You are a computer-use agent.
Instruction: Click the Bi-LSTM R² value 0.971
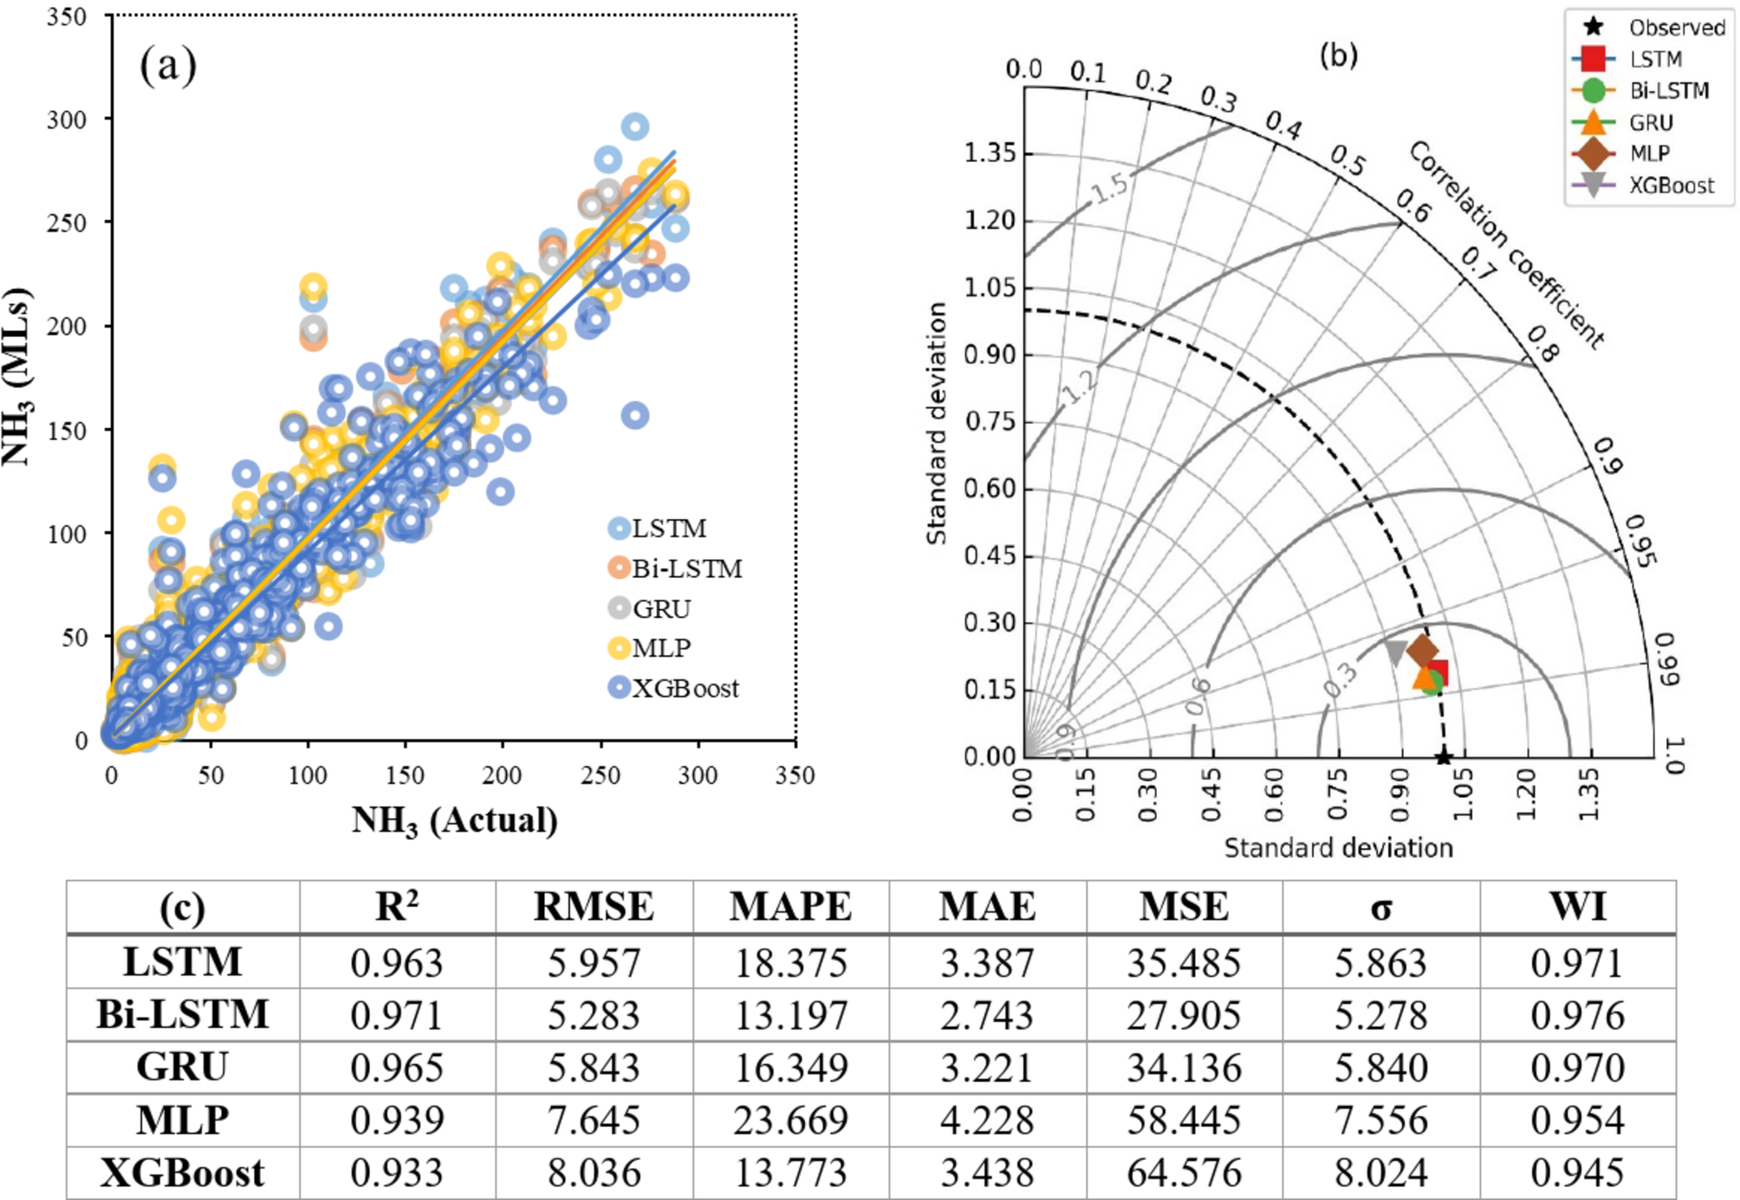coord(396,1015)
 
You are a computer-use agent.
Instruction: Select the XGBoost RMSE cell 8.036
coord(594,1173)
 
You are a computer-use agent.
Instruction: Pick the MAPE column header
coord(790,907)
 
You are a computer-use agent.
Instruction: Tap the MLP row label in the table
coord(182,1120)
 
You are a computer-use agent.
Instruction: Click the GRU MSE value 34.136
coord(1184,1067)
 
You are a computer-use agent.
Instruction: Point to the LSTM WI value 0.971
coord(1576,963)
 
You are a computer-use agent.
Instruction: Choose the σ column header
coord(1381,907)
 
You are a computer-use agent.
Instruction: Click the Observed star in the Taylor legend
coord(1593,27)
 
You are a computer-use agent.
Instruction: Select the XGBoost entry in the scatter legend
coord(675,688)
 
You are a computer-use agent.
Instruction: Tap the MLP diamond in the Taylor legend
coord(1593,153)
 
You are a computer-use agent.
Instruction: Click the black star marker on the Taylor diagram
coord(1443,757)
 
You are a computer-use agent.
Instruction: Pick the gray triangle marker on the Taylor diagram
coord(1395,652)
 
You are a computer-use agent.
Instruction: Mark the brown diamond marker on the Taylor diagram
coord(1422,650)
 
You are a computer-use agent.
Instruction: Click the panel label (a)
coord(168,65)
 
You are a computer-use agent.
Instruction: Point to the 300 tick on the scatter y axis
coord(67,119)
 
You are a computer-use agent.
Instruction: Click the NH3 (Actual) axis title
coord(454,820)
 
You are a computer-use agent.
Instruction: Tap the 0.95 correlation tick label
coord(1640,542)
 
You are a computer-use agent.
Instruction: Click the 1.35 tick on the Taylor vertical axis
coord(990,153)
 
